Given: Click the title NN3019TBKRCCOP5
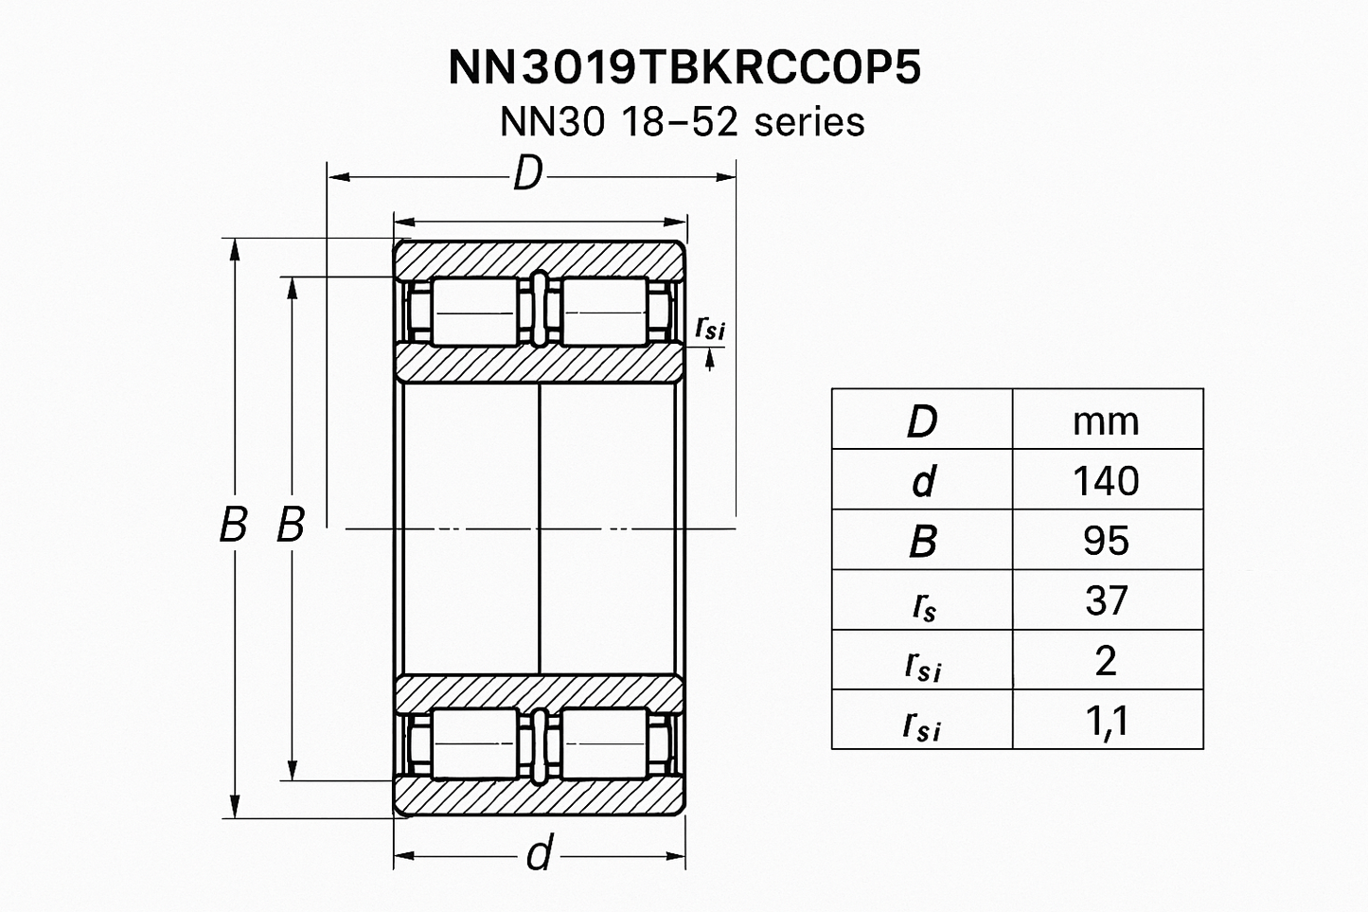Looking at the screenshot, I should (684, 68).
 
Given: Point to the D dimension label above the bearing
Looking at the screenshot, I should (527, 175).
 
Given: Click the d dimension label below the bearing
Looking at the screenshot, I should (538, 855).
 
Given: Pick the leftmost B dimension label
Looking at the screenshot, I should (232, 525).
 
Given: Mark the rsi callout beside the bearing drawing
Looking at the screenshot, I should (709, 328).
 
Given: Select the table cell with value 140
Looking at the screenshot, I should (1106, 481).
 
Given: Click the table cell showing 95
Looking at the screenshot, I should (1106, 541).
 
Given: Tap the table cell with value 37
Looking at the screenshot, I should (1106, 600).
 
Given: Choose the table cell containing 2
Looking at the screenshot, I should (1106, 660).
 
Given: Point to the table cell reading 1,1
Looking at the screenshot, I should (1106, 721).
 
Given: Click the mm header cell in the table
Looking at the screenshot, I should (1106, 420).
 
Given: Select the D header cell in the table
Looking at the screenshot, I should (921, 420).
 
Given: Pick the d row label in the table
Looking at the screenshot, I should (921, 481).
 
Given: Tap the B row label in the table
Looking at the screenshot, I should (921, 541).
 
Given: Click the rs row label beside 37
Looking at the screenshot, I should (921, 603).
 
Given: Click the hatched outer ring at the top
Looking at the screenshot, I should (538, 259).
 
